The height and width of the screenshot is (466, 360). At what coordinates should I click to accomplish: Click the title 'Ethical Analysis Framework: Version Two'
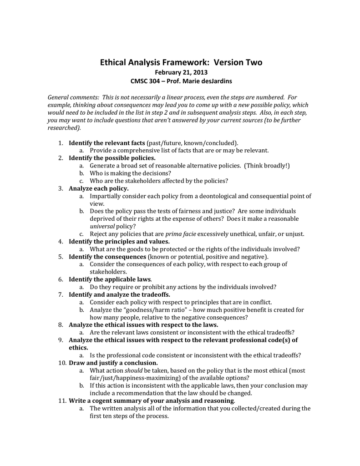tap(181, 62)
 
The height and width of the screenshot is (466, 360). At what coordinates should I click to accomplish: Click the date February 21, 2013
tap(181, 73)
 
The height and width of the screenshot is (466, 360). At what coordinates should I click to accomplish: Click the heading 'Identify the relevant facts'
tap(106, 143)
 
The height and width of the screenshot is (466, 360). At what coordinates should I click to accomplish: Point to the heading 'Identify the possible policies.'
tap(112, 158)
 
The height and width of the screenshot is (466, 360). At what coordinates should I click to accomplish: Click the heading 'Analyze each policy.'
tap(98, 188)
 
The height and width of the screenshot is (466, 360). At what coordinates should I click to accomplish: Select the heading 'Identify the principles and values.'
tap(119, 241)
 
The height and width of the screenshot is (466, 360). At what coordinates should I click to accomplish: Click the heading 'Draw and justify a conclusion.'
tap(113, 363)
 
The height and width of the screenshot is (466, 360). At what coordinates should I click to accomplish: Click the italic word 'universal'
tap(102, 226)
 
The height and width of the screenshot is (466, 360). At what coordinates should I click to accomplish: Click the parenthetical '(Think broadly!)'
tap(267, 166)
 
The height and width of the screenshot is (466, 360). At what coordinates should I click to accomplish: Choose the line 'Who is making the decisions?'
tap(130, 173)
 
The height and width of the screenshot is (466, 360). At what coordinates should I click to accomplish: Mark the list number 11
tap(62, 400)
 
